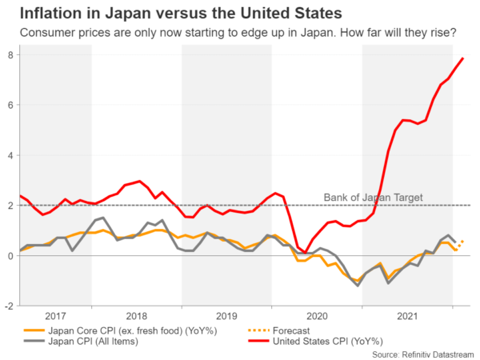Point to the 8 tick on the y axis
[x=10, y=54]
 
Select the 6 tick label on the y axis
[x=10, y=105]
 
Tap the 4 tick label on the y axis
[x=10, y=155]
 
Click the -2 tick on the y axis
[x=8, y=306]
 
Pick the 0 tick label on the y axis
[x=10, y=255]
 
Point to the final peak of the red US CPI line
[x=462, y=58]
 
